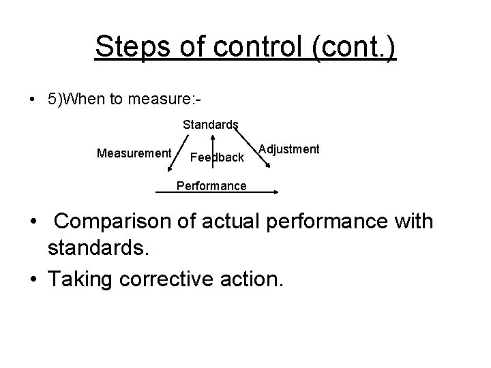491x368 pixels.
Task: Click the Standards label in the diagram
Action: pos(210,125)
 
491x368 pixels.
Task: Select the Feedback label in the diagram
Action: pos(217,157)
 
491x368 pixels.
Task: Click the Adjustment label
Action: pos(291,149)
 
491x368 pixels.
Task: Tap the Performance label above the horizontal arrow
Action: pos(211,185)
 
